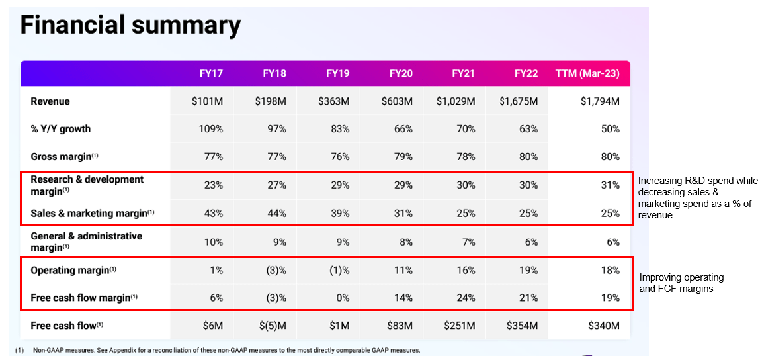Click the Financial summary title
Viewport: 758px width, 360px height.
pyautogui.click(x=130, y=25)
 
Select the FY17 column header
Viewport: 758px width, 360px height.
pyautogui.click(x=211, y=73)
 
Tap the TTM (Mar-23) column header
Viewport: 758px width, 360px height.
pyautogui.click(x=587, y=73)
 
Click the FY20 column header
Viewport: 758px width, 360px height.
pyautogui.click(x=401, y=73)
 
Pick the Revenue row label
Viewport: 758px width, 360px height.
pyautogui.click(x=50, y=101)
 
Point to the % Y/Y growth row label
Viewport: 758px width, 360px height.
pyautogui.click(x=61, y=129)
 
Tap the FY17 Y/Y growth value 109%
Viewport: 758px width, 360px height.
pyautogui.click(x=211, y=129)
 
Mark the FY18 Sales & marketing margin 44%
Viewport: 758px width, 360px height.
pyautogui.click(x=276, y=214)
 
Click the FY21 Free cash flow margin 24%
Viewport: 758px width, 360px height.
pyautogui.click(x=465, y=298)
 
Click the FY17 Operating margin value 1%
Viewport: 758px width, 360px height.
pyautogui.click(x=216, y=270)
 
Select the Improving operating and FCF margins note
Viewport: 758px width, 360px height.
pyautogui.click(x=681, y=283)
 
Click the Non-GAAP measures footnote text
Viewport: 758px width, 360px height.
pyautogui.click(x=225, y=350)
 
